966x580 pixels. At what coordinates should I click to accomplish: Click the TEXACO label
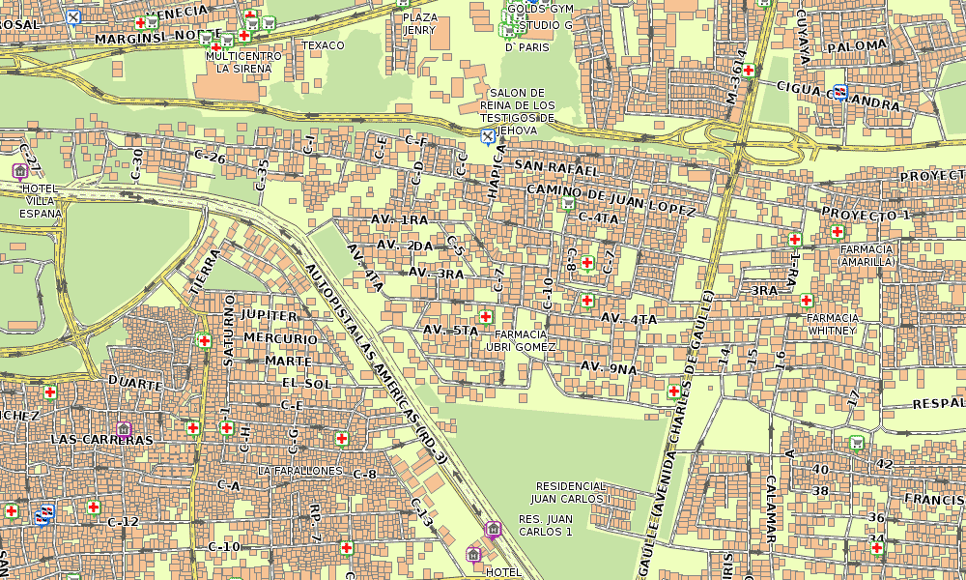point(323,45)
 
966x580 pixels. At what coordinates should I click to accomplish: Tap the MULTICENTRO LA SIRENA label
point(243,63)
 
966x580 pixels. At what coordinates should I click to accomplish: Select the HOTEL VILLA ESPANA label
point(41,201)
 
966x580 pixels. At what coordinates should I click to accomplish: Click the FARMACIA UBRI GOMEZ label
point(520,340)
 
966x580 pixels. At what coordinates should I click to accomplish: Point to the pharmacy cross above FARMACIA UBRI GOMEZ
point(486,316)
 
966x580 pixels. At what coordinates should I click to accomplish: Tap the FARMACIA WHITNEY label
point(832,324)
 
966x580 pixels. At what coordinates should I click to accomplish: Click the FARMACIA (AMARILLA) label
point(866,255)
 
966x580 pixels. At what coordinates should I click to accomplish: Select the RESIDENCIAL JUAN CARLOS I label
point(573,493)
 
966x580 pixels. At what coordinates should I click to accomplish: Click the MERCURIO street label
point(280,338)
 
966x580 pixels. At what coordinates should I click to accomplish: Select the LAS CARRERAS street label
point(100,439)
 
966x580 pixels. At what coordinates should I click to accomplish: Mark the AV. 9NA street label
point(609,367)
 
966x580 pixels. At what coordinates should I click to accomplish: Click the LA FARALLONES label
point(299,471)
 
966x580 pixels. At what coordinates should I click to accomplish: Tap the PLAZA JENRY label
point(419,24)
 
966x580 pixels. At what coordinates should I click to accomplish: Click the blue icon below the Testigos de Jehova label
point(488,136)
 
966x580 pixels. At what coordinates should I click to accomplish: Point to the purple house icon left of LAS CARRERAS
point(124,428)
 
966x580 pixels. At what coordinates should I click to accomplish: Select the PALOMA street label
point(857,45)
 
